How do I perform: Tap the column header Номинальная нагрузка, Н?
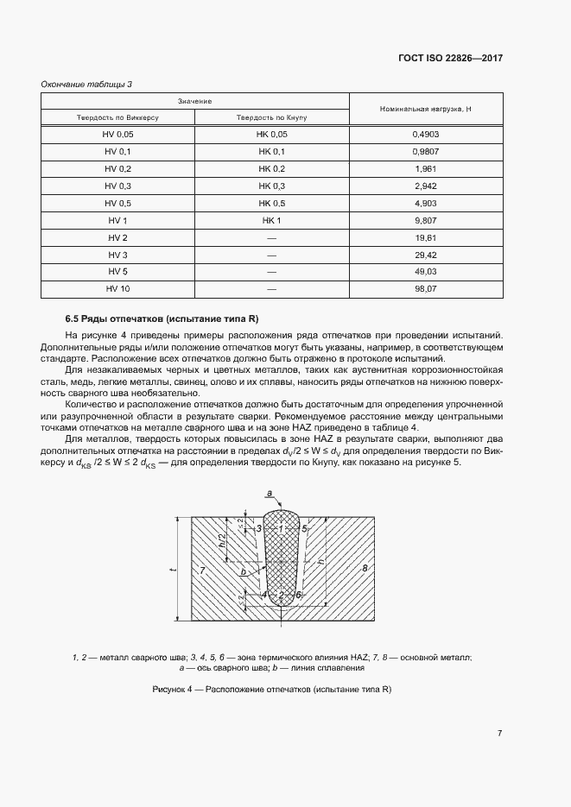click(424, 110)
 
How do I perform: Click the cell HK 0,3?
click(271, 186)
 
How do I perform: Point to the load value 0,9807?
click(424, 152)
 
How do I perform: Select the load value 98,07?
click(424, 289)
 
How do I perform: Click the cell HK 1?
click(271, 220)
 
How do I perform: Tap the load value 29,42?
click(424, 255)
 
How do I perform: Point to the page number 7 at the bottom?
click(499, 733)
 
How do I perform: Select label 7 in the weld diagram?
click(200, 571)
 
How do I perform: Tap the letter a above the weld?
click(270, 495)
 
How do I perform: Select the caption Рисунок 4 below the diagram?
click(271, 689)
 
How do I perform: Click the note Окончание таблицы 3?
click(87, 84)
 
